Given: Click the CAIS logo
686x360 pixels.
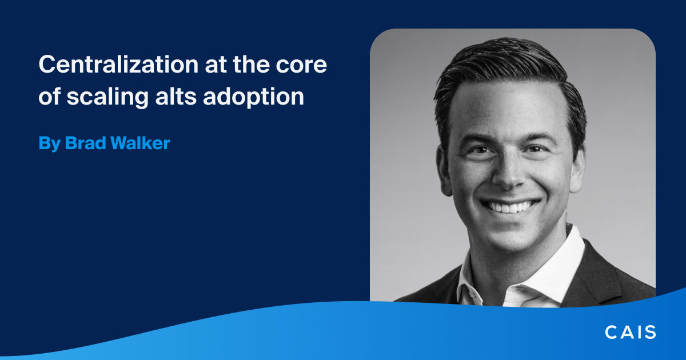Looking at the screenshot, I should click(x=631, y=332).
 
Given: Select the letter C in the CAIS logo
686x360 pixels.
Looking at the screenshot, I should click(x=612, y=332).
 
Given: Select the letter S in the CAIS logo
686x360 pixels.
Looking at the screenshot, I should click(x=650, y=332).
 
